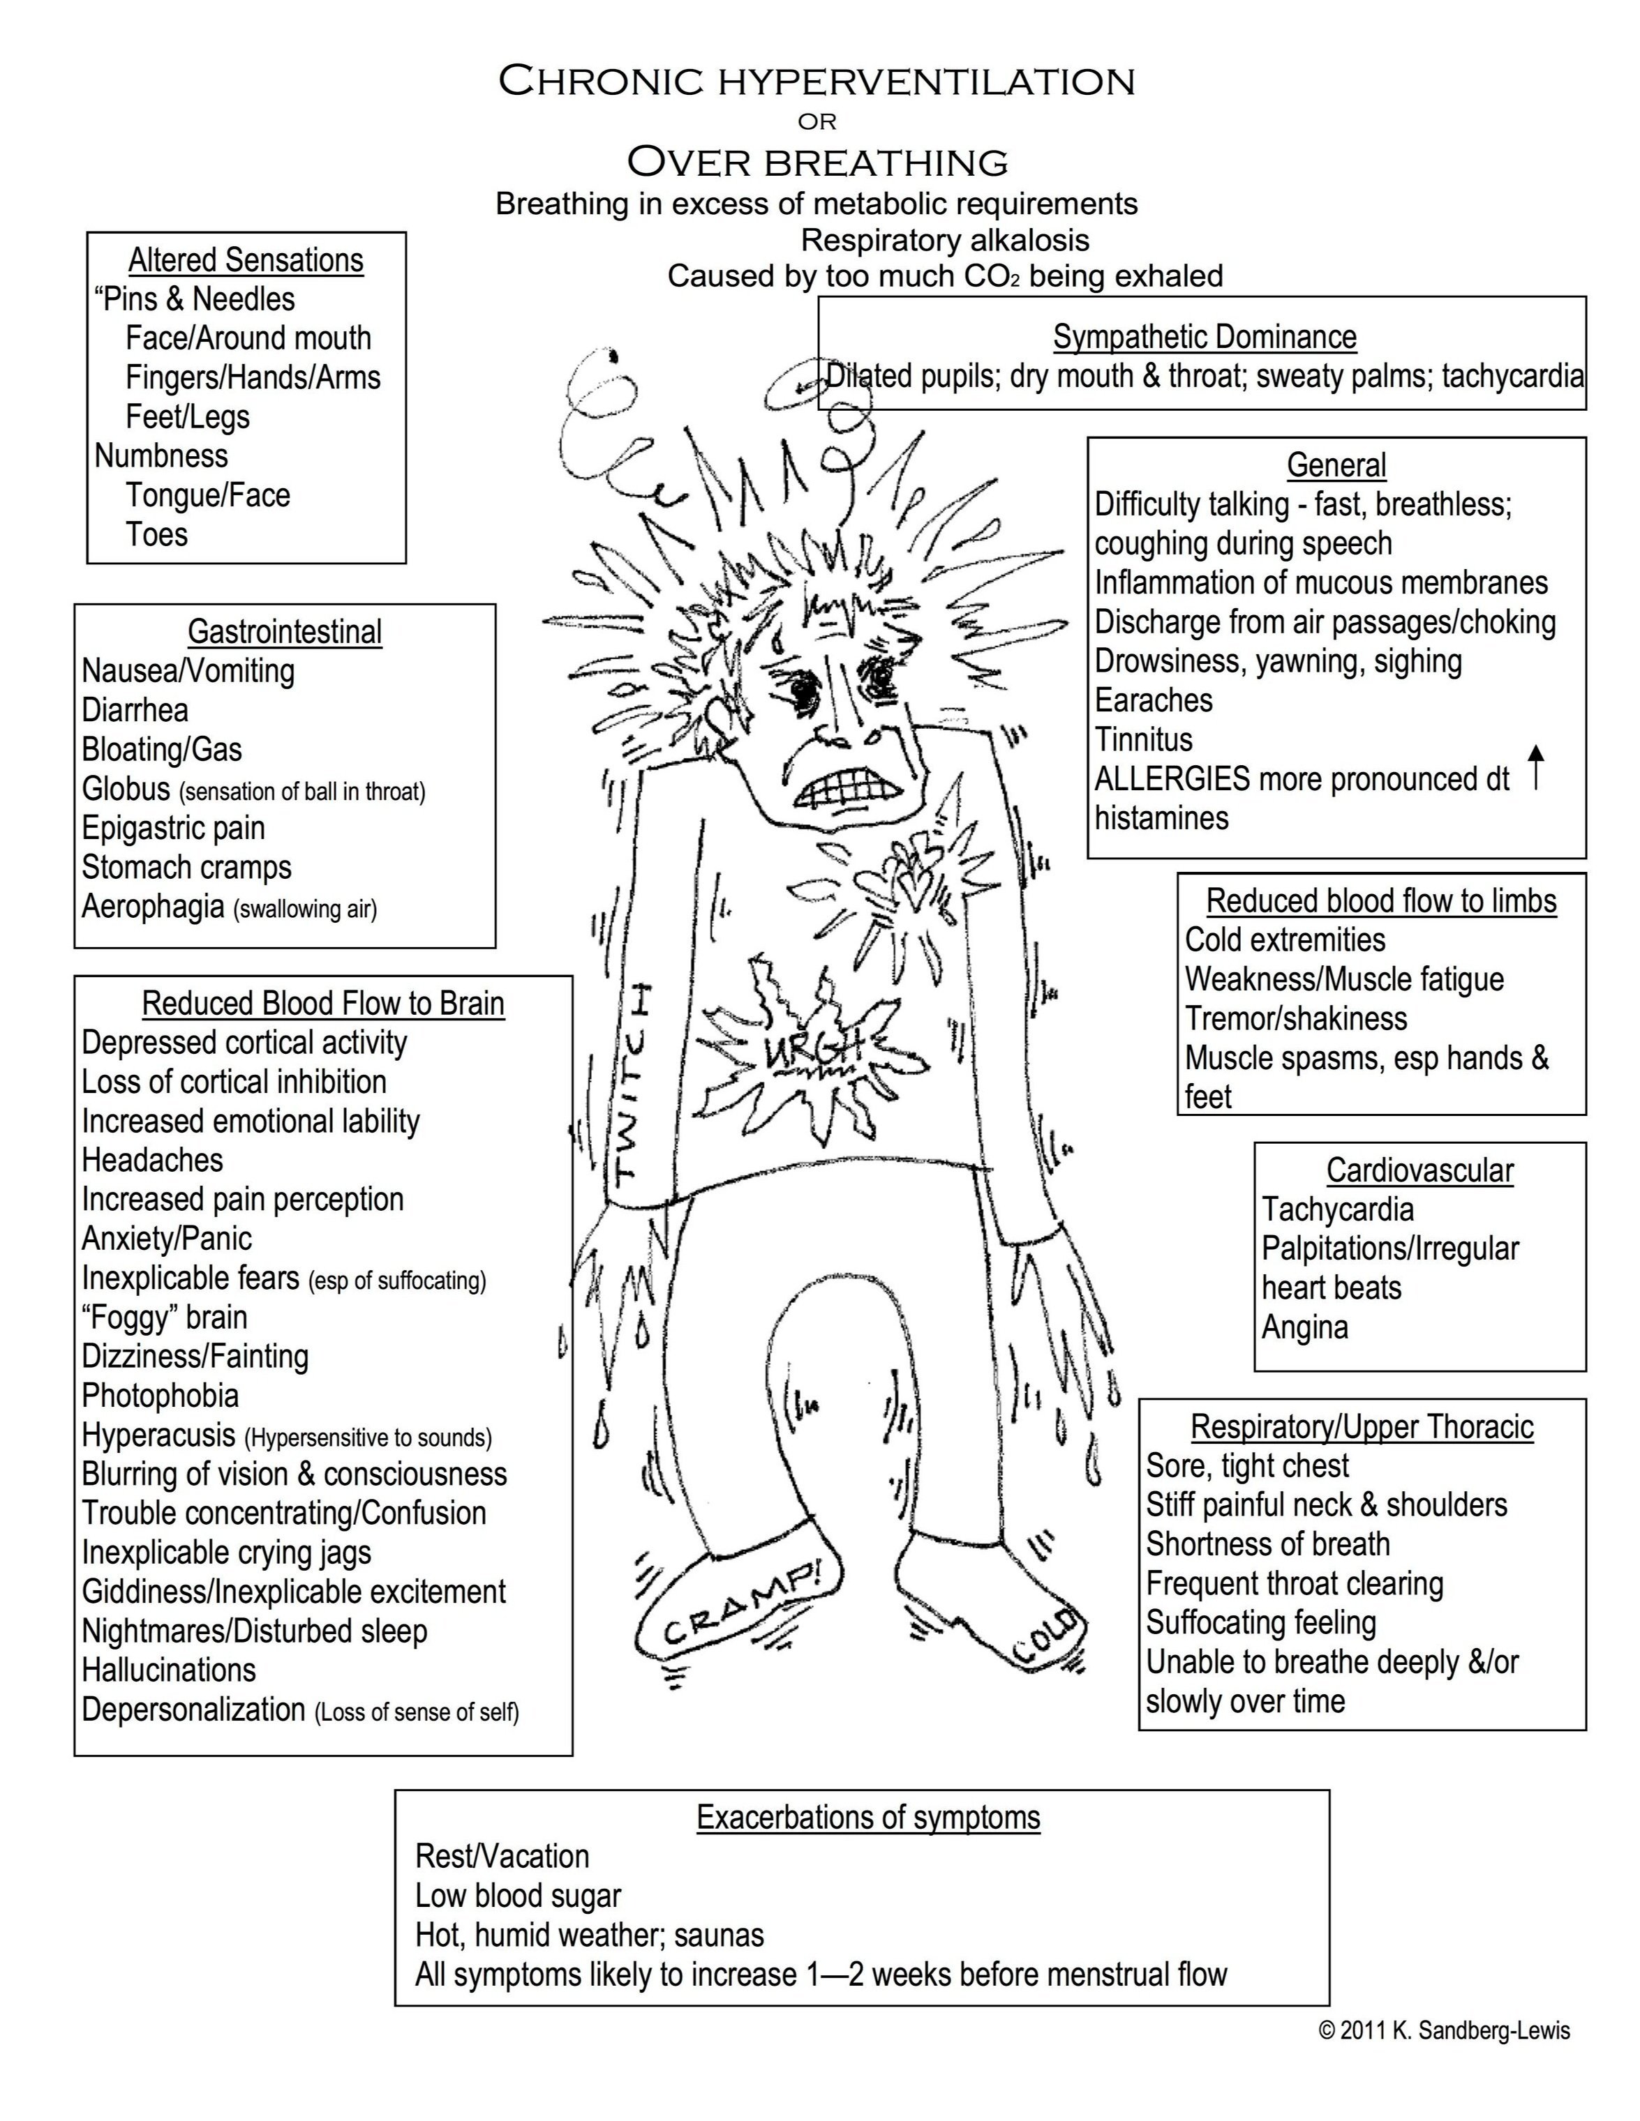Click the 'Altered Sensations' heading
coord(246,260)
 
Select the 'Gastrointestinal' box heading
coord(285,631)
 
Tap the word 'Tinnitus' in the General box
coord(1144,739)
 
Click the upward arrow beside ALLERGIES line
coord(1535,767)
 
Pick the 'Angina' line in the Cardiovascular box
coord(1305,1327)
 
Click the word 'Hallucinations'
coord(169,1670)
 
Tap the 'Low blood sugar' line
coord(518,1896)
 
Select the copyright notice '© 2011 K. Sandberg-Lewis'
coord(1444,2030)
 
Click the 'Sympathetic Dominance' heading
coord(1205,337)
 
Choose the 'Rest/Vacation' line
coord(502,1856)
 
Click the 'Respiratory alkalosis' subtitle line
coord(944,240)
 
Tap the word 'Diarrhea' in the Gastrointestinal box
coord(135,710)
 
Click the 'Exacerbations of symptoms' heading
coord(867,1817)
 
